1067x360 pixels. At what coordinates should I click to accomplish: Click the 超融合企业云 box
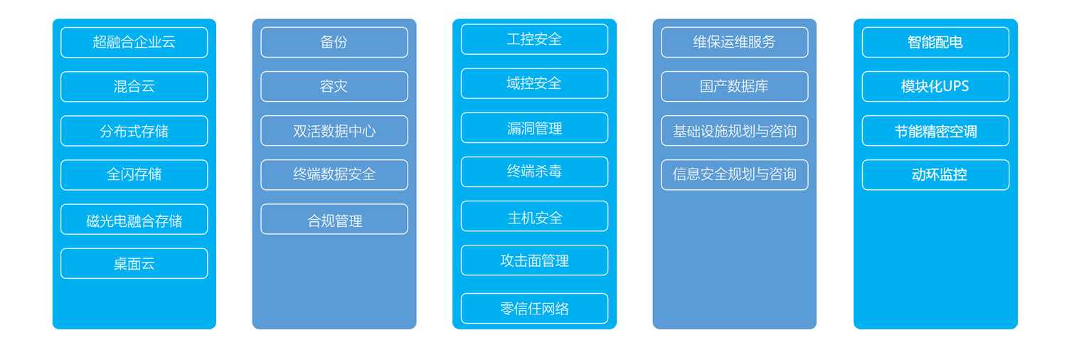pos(134,43)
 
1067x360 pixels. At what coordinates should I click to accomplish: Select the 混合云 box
pos(134,87)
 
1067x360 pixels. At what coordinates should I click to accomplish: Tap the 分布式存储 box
pos(134,131)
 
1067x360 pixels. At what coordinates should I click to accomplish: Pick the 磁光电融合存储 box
pos(134,220)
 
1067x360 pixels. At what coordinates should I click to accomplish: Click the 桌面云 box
pos(134,263)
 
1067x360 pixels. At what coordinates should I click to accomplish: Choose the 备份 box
pos(334,43)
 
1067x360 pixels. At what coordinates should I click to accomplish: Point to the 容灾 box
pos(334,87)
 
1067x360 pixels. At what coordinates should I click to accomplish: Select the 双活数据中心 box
pos(334,131)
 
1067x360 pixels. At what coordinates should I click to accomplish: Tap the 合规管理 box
pos(334,220)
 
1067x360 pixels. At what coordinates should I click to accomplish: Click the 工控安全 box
pos(534,40)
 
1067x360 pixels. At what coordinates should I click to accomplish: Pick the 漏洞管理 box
pos(534,127)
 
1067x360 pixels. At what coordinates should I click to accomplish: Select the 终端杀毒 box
pos(534,172)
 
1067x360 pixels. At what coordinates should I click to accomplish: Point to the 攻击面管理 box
pos(534,260)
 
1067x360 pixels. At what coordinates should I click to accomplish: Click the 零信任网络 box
pos(534,309)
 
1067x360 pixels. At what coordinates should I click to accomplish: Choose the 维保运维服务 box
pos(735,43)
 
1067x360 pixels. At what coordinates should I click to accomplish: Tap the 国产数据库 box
pos(735,87)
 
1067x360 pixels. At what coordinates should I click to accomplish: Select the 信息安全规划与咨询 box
pos(735,175)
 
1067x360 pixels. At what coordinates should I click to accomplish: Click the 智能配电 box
pos(935,43)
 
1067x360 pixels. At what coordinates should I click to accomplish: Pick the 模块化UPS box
pos(935,87)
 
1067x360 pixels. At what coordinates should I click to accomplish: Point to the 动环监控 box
pos(935,175)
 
